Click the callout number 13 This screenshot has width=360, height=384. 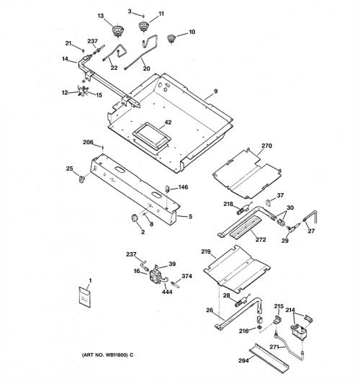click(x=101, y=16)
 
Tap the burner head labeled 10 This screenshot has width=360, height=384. click(x=171, y=39)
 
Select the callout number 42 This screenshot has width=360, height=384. click(x=168, y=122)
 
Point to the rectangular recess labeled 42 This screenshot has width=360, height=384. click(x=151, y=136)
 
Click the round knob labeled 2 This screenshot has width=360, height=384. click(x=135, y=218)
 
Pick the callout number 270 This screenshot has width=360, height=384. click(x=266, y=146)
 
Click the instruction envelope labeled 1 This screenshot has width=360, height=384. click(x=85, y=297)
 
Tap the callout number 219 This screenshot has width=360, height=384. click(x=206, y=251)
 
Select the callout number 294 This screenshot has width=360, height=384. click(x=243, y=360)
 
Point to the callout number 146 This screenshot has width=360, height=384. click(x=183, y=187)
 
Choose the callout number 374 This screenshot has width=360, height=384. click(x=186, y=276)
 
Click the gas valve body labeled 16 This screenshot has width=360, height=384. click(x=156, y=275)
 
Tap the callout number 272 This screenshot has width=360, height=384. click(x=261, y=240)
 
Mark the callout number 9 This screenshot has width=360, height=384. click(x=215, y=91)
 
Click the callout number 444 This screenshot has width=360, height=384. click(x=167, y=292)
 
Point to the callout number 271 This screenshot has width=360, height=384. click(x=274, y=347)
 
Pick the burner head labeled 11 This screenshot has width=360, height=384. click(x=143, y=26)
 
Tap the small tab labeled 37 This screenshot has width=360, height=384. click(x=269, y=202)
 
